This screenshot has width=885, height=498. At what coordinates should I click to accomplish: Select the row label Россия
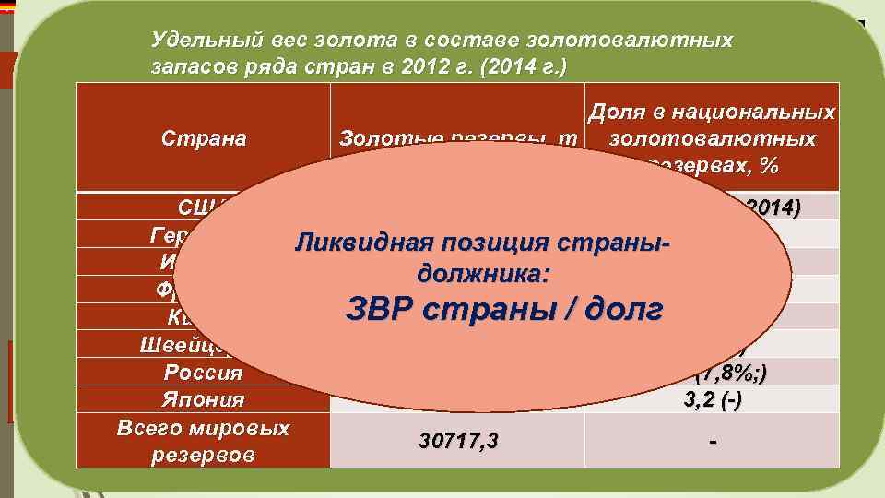[x=203, y=373]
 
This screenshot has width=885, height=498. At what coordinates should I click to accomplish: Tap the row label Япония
[x=205, y=400]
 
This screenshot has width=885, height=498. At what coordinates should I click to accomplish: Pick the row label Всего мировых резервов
[x=205, y=442]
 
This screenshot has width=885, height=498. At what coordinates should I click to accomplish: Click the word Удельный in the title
[x=195, y=41]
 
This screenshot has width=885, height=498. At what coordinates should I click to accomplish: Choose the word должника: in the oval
[x=485, y=273]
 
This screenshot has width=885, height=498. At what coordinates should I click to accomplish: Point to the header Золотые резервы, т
[x=456, y=138]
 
